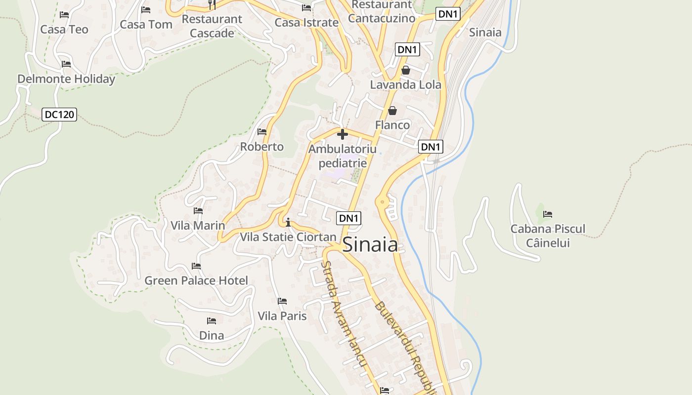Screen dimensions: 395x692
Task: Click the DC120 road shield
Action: click(59, 115)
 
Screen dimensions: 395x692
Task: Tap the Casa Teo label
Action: click(64, 30)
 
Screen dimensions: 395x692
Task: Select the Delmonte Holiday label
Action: click(66, 79)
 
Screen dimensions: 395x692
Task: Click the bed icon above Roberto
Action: click(262, 132)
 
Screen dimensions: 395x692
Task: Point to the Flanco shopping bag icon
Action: click(392, 111)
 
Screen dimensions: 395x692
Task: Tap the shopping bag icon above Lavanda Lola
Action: click(406, 70)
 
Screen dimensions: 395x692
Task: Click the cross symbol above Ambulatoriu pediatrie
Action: click(342, 134)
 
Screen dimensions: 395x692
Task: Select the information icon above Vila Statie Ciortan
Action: click(288, 222)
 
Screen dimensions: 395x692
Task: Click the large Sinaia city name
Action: click(370, 244)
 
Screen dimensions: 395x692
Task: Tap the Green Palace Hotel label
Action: click(196, 281)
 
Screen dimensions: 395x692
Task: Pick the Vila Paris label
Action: click(282, 316)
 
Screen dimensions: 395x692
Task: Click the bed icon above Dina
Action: click(212, 321)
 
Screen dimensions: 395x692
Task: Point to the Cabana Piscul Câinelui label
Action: click(548, 236)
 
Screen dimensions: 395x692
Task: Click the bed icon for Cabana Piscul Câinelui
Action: click(548, 214)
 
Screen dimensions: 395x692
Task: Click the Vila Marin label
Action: click(198, 226)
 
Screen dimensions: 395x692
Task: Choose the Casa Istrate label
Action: click(306, 23)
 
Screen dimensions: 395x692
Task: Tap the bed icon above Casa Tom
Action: click(146, 10)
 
